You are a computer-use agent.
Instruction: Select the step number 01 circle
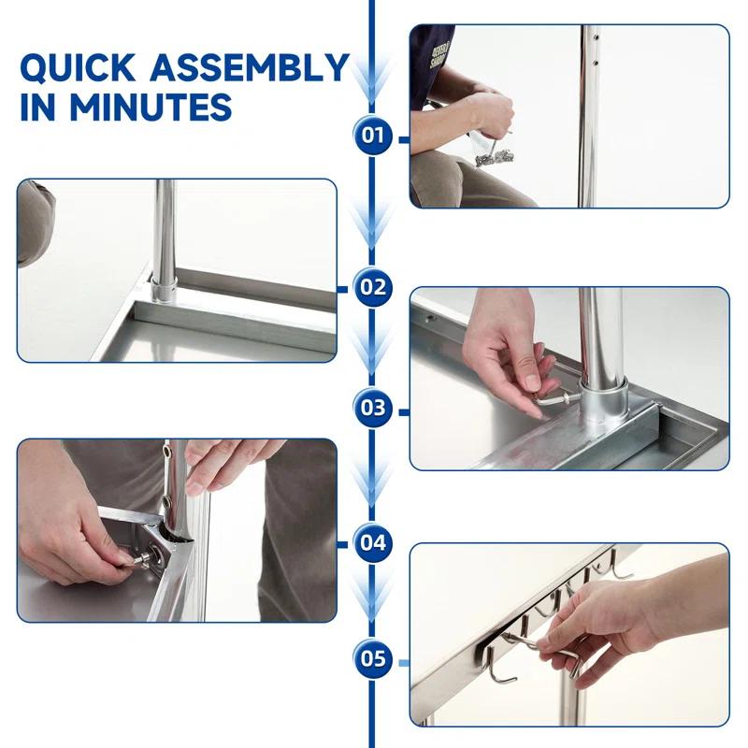373,136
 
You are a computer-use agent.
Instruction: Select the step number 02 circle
373,286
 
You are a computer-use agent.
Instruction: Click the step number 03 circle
373,408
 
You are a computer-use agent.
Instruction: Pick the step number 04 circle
373,542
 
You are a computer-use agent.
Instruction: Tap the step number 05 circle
373,658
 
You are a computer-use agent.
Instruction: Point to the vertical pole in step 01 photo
587,112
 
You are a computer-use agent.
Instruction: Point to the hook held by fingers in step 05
567,652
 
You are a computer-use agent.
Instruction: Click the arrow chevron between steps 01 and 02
373,224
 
